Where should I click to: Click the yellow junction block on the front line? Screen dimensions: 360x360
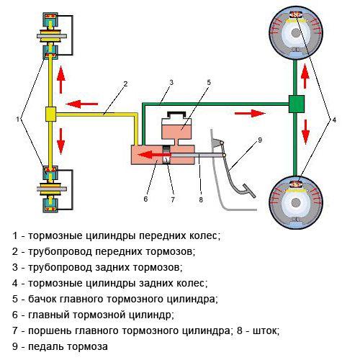pyautogui.click(x=51, y=113)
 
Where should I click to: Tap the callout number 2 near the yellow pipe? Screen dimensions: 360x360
pyautogui.click(x=125, y=84)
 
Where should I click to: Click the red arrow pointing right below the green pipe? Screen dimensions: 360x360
pyautogui.click(x=253, y=112)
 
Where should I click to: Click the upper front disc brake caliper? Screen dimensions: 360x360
pyautogui.click(x=51, y=33)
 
